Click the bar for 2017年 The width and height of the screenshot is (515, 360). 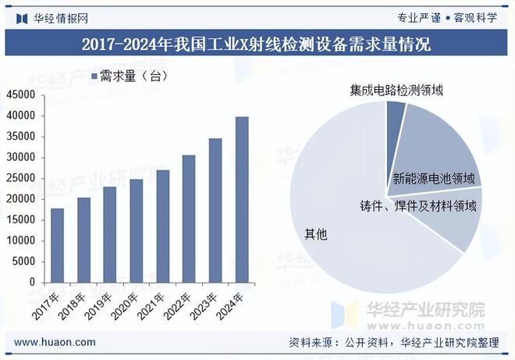click(x=57, y=245)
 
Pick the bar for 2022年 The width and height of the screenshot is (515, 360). click(x=189, y=219)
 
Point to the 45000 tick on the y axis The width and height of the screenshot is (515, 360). click(x=21, y=94)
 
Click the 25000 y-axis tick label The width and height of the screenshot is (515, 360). click(x=21, y=178)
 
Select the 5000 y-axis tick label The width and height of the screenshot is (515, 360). click(x=24, y=262)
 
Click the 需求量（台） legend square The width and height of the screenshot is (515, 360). click(x=92, y=76)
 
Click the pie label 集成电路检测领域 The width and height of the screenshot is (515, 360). click(x=396, y=90)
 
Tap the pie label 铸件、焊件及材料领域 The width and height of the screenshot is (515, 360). click(x=418, y=206)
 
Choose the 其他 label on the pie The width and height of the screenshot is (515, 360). click(x=315, y=233)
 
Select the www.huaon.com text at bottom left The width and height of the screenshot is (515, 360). click(x=55, y=342)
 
